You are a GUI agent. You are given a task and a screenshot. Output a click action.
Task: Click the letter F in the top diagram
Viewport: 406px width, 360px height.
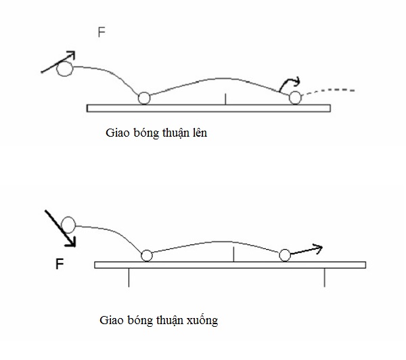point(101,32)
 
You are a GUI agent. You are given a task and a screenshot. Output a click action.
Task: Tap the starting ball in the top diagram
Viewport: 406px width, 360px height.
point(64,68)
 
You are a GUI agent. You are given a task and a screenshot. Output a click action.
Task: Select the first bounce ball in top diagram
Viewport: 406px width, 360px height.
point(143,98)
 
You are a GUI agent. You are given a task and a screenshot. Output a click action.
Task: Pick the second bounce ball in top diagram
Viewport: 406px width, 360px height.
point(294,98)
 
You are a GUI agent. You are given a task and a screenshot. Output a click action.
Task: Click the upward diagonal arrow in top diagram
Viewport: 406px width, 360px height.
point(58,60)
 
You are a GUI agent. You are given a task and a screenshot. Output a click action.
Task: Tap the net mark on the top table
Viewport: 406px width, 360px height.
point(225,99)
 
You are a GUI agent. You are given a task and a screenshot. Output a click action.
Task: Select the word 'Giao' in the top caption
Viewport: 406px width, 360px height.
point(118,133)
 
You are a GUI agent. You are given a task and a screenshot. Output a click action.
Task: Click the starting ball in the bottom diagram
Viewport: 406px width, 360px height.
point(68,225)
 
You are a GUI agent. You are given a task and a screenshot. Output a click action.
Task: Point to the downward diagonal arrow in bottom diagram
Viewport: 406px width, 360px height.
point(60,228)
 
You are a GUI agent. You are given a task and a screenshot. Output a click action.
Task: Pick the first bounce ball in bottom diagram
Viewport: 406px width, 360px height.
point(145,255)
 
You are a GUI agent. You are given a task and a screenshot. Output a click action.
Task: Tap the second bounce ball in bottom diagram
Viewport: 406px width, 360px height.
point(285,255)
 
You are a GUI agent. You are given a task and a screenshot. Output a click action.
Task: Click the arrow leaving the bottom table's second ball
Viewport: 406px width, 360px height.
point(307,250)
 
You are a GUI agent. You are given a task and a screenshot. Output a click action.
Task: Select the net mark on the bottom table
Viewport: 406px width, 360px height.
point(233,254)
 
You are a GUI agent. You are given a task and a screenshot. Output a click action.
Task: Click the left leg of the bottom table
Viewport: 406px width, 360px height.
point(129,277)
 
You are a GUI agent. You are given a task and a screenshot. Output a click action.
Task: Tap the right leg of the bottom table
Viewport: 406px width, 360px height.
point(325,277)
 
